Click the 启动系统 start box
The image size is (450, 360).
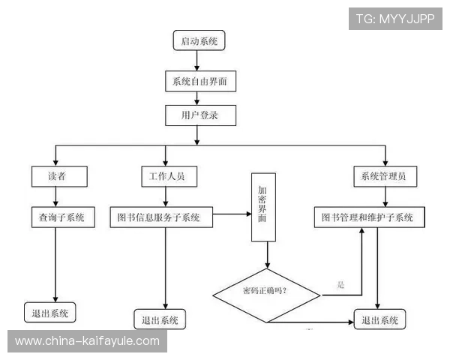198,41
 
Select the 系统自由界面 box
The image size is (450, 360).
199,80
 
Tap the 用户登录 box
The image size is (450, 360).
200,115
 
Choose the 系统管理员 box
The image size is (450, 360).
385,176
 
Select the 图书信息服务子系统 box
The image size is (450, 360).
160,218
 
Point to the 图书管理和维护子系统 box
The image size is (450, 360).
367,217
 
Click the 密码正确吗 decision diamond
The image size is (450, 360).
266,291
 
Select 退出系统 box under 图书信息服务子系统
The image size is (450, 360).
160,319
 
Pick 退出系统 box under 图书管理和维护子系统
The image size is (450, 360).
380,320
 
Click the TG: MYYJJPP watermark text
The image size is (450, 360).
395,18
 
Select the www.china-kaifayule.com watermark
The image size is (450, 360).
87,340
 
